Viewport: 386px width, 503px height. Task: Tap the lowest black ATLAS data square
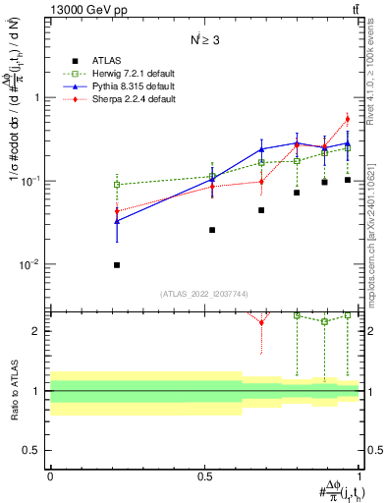117,265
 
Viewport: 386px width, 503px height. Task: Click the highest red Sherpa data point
347,120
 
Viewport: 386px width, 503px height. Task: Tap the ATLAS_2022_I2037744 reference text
204,294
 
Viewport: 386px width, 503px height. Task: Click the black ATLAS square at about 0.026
212,230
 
